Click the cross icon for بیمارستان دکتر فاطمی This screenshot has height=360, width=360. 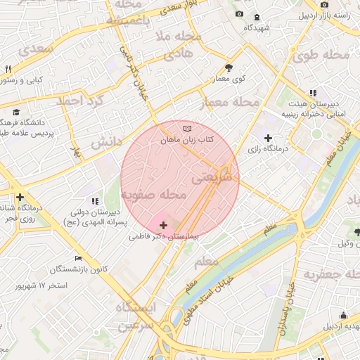pyautogui.click(x=164, y=225)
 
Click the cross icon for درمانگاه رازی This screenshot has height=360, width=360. pyautogui.click(x=268, y=137)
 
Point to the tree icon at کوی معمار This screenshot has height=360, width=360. pyautogui.click(x=229, y=67)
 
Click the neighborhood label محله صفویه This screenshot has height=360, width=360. pyautogui.click(x=153, y=194)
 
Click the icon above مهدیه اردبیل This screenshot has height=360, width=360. pyautogui.click(x=343, y=316)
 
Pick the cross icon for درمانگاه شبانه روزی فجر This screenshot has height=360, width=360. pyautogui.click(x=20, y=198)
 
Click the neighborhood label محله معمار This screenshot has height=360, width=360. pyautogui.click(x=230, y=103)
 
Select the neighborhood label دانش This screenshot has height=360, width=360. pyautogui.click(x=103, y=141)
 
